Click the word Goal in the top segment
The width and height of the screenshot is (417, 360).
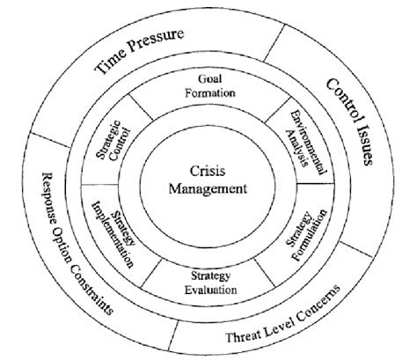tap(208, 76)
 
